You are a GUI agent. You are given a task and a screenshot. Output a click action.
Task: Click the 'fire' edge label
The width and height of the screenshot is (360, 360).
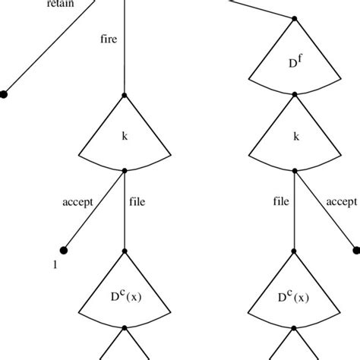coord(110,36)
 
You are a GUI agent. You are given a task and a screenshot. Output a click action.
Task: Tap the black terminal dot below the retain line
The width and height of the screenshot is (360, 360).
coord(4,95)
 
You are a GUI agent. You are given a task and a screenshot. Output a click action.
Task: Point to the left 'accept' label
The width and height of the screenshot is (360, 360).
coord(78,203)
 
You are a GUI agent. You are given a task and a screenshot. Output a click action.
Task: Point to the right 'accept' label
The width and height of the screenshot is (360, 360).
coord(340,202)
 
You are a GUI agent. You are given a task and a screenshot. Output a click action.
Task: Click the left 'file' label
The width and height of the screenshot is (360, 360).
coord(137,203)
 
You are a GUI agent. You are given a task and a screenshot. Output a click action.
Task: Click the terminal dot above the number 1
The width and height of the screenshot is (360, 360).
coord(63,249)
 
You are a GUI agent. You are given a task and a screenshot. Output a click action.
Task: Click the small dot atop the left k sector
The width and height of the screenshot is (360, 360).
coord(124,95)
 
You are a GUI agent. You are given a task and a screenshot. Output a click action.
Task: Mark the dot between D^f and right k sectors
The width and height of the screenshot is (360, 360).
coord(295,95)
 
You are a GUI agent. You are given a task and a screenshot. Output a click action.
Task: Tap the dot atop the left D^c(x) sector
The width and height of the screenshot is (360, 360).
coord(124,249)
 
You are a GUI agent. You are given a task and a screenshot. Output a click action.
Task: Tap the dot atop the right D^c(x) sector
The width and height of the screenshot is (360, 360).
coord(295,249)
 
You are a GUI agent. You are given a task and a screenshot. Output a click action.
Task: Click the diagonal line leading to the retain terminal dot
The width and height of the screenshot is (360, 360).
coord(46,53)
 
